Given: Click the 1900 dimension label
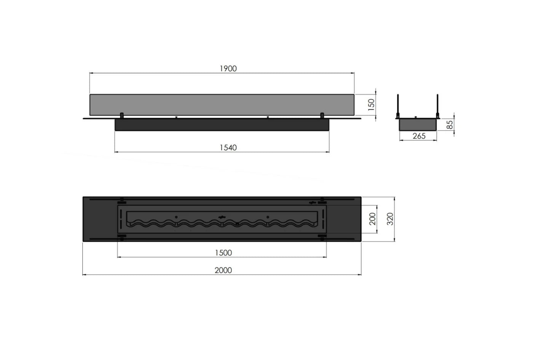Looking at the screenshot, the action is [x=228, y=68].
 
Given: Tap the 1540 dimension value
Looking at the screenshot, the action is [x=228, y=148].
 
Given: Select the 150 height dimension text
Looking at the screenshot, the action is [x=371, y=105].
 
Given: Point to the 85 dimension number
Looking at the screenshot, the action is [x=450, y=124].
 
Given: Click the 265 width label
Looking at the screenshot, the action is [x=419, y=136].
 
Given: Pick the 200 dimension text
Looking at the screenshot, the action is [x=373, y=219].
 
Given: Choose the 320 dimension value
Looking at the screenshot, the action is [x=390, y=219].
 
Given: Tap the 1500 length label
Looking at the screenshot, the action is [x=223, y=253].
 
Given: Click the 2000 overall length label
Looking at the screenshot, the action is [x=223, y=270].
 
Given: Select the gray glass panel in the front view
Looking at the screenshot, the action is [x=222, y=105].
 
